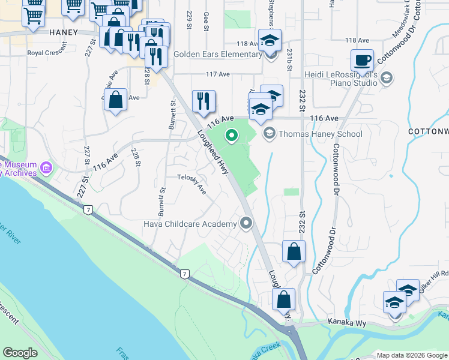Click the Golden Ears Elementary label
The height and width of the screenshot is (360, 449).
coord(217,54)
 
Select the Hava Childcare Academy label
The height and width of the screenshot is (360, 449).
coord(190,224)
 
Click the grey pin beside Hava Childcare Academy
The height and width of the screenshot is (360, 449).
coord(246,224)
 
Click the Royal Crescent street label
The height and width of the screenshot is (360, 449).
coord(49,53)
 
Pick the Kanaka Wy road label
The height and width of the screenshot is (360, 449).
coord(348,322)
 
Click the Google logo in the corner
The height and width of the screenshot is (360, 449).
coord(20,353)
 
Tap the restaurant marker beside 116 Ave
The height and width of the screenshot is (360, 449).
coord(203,101)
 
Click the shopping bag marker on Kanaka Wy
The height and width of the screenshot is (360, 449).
coord(283,299)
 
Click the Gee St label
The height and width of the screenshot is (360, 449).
coord(206,23)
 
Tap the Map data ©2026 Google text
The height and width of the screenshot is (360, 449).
coord(411,355)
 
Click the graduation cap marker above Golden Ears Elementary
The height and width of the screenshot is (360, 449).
coord(270,42)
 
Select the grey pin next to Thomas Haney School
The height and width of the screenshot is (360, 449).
coord(269,134)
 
